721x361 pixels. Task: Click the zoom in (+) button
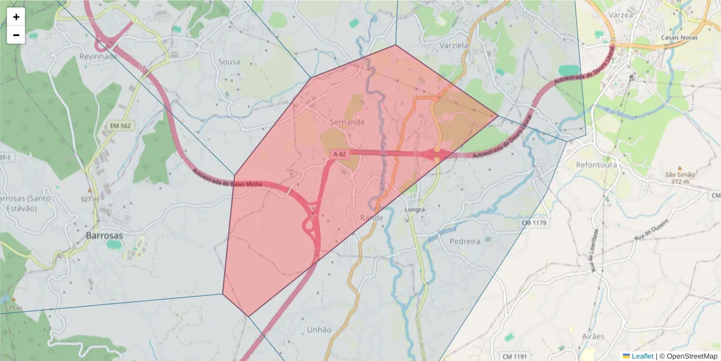point(16,17)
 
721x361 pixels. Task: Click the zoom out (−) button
point(16,35)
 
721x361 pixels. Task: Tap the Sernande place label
point(347,122)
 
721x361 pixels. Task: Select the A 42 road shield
point(341,154)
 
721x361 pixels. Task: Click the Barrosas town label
point(104,235)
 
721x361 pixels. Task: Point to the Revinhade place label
point(99,56)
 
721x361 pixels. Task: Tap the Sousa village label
point(229,61)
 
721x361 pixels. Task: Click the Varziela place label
point(454,45)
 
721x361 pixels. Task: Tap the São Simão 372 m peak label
point(680,177)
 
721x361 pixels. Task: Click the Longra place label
point(415,209)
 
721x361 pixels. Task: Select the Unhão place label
point(319,329)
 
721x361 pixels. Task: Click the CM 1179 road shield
point(534,223)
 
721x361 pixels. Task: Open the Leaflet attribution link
point(642,356)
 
